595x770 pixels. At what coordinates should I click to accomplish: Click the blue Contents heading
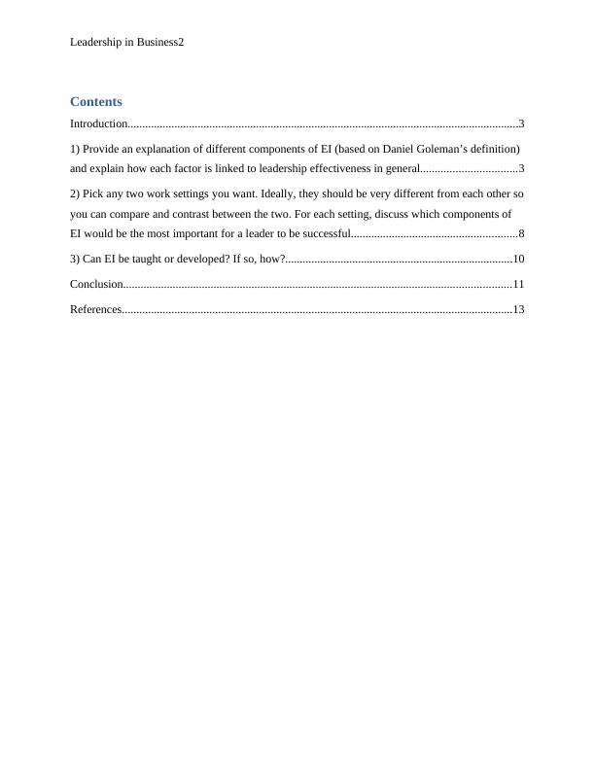point(96,101)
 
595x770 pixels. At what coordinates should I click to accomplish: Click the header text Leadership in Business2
point(126,43)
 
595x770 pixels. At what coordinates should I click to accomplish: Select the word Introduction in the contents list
point(99,123)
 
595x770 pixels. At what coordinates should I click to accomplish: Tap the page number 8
point(522,233)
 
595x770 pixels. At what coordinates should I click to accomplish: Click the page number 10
point(518,259)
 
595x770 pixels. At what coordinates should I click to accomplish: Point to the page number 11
point(518,284)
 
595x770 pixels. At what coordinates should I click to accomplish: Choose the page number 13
point(518,309)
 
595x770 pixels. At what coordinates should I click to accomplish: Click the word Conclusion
point(96,284)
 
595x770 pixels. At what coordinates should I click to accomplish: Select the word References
point(95,309)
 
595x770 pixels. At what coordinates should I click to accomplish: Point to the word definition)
point(494,149)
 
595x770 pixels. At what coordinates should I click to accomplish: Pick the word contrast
point(192,213)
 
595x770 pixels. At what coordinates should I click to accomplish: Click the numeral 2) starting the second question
point(75,193)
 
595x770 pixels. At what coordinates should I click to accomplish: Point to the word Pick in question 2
point(93,193)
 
